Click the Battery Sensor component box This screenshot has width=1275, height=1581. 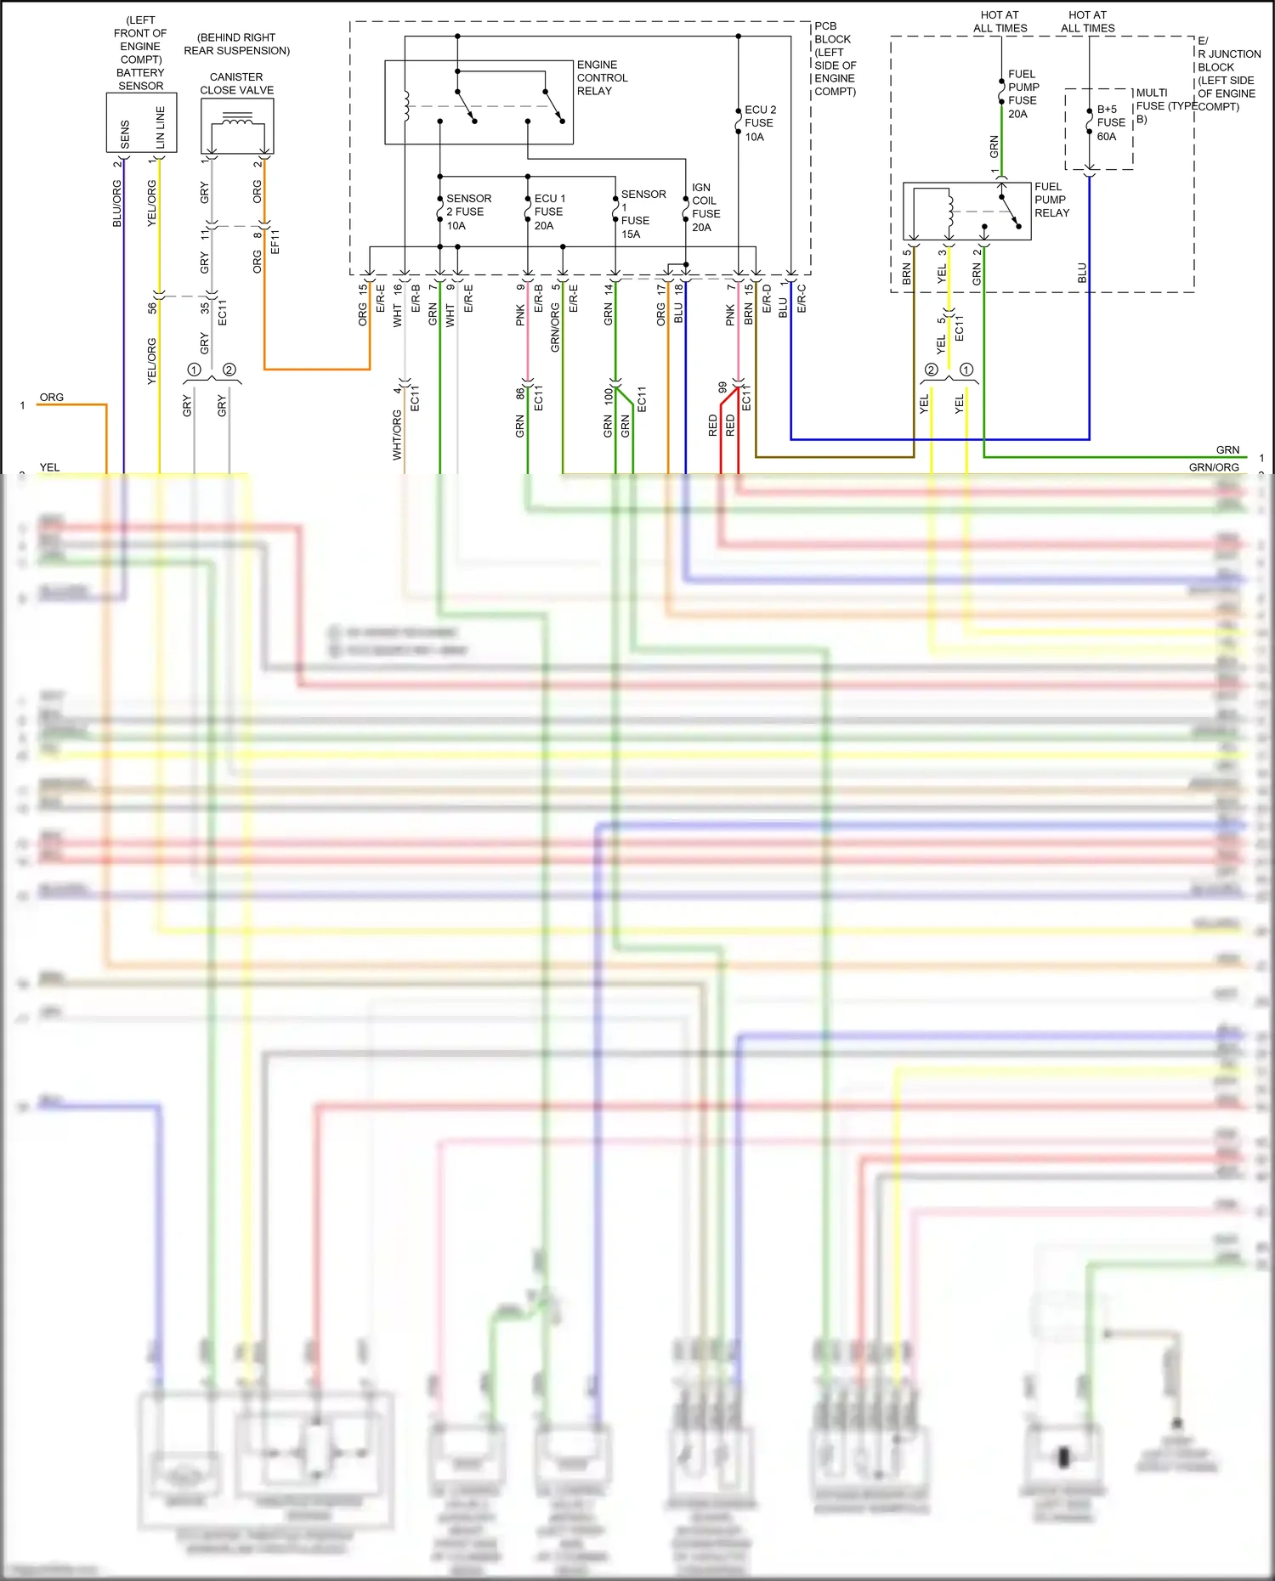coord(141,123)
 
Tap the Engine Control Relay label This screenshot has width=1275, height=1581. coord(602,78)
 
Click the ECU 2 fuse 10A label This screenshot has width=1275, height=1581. coord(759,123)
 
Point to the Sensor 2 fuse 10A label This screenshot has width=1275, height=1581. coord(468,212)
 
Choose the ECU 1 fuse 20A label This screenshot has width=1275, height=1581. coord(548,212)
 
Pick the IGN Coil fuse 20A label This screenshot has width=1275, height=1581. coord(705,207)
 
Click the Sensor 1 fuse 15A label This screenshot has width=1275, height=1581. coord(642,214)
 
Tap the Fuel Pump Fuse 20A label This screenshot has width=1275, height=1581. coord(1023,93)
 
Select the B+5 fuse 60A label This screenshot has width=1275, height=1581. coord(1110,122)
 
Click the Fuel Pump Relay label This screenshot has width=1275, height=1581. coord(1051,200)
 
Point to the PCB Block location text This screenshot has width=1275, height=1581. coord(834,59)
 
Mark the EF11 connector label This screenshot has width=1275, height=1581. coord(275,242)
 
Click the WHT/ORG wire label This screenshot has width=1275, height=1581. coord(397,434)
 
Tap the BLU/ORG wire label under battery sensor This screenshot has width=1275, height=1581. coord(117,203)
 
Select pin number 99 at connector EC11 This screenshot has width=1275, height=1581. coord(722,387)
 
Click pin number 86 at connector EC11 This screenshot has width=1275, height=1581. coord(520,393)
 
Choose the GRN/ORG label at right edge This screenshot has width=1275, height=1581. coord(1213,467)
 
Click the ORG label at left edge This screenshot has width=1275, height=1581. coord(51,398)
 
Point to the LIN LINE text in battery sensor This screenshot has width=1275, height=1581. coord(160,127)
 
